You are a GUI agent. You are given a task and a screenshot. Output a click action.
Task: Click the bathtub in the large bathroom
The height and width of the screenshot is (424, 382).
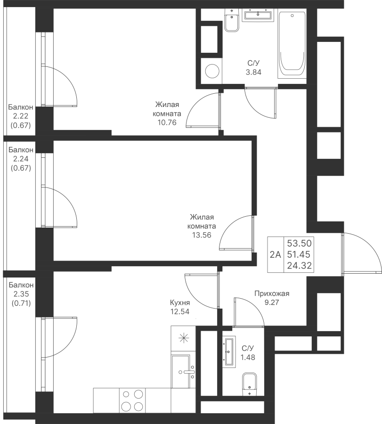tap(292, 45)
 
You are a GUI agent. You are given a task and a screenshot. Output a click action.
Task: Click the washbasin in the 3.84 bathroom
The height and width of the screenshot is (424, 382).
tap(258, 15)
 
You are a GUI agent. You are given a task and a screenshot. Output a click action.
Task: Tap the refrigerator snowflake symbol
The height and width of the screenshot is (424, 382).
tap(183, 338)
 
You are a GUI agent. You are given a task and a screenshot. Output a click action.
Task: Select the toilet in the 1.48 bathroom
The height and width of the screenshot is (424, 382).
tap(249, 384)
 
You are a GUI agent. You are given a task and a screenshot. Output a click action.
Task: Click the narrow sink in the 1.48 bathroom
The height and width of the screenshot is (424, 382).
tap(229, 351)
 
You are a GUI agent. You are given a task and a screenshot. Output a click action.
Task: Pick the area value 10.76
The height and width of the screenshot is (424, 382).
tap(167, 122)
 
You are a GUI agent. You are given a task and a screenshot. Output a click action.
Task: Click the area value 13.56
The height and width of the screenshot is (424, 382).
tap(202, 235)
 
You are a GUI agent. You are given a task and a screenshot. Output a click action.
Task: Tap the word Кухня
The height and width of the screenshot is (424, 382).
tap(180, 302)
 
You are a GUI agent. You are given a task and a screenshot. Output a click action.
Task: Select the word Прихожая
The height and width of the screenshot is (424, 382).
tap(272, 294)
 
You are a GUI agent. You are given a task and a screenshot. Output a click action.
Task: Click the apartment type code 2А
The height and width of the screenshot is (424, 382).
tap(276, 254)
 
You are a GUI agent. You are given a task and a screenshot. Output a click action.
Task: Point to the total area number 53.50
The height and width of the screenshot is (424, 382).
tap(299, 243)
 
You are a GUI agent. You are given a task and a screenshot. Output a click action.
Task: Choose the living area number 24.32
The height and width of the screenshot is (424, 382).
tap(299, 266)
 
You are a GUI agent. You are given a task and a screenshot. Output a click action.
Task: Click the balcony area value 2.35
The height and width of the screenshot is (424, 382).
tap(21, 294)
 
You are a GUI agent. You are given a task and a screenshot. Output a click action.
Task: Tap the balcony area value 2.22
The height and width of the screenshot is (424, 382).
tap(21, 116)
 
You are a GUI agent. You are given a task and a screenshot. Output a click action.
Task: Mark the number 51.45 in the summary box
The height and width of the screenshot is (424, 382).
tap(299, 254)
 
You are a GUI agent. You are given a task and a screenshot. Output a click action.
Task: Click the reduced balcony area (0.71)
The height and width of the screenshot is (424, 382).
tap(21, 303)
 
